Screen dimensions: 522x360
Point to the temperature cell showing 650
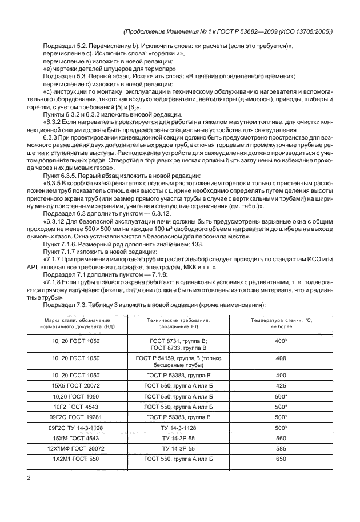(281, 459)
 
